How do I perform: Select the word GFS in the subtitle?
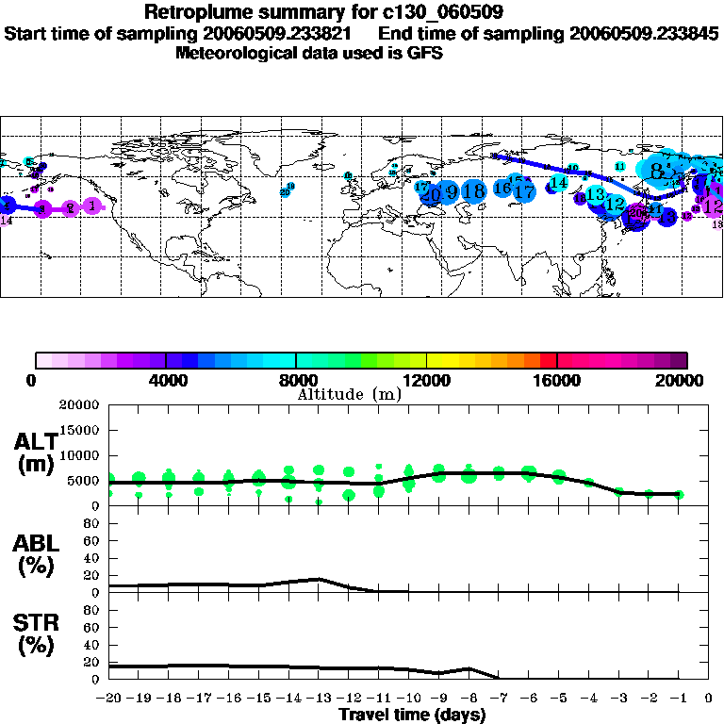pos(425,53)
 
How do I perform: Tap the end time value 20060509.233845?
pos(644,33)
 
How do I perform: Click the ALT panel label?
pos(36,441)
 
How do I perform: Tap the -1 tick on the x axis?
pos(679,699)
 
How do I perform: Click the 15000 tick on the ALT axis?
pos(81,430)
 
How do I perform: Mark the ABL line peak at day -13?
pos(320,579)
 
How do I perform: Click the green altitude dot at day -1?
pos(679,494)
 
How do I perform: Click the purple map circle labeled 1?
pos(91,206)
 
